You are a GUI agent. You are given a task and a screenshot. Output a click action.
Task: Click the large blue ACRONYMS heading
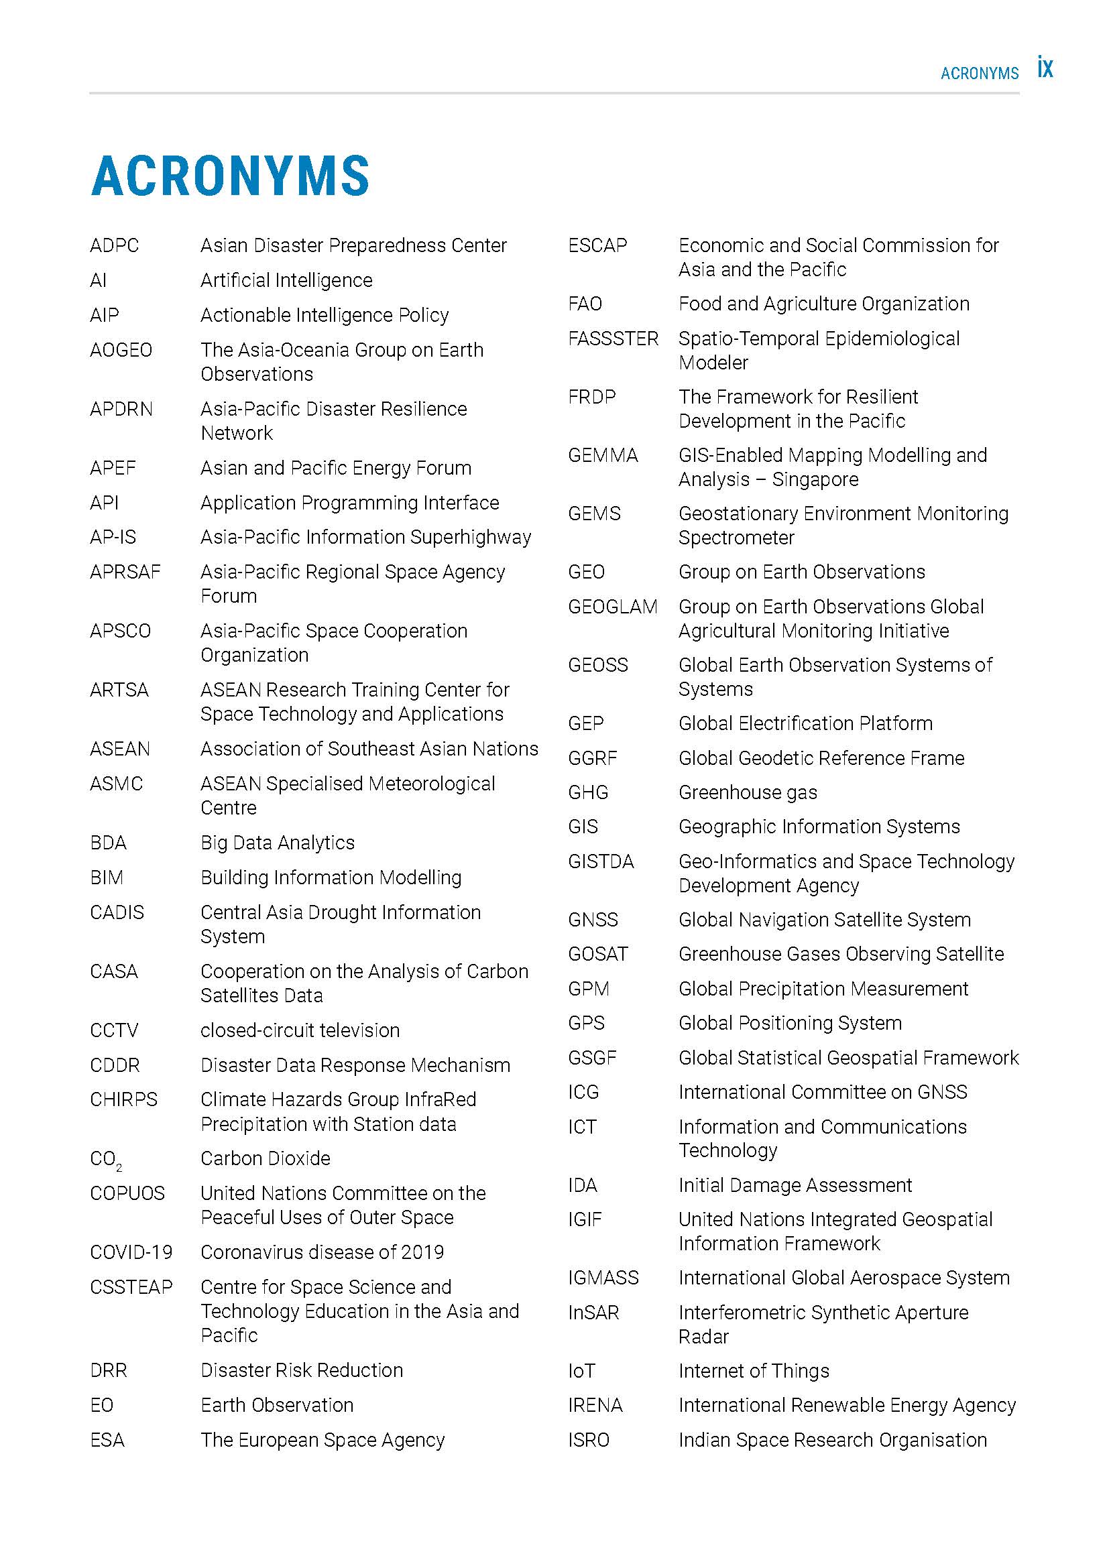click(230, 176)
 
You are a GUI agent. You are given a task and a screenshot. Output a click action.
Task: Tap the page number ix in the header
click(1045, 68)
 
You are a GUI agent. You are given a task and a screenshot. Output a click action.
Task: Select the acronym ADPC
click(114, 245)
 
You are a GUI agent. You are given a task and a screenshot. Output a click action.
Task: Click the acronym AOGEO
click(121, 350)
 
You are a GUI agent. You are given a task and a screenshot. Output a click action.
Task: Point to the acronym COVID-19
click(131, 1252)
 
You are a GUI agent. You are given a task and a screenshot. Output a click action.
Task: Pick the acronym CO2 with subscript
click(106, 1160)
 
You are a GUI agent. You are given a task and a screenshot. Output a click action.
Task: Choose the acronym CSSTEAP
click(131, 1286)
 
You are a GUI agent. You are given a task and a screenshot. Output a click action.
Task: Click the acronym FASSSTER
click(613, 339)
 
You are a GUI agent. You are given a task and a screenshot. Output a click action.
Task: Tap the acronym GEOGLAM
click(612, 607)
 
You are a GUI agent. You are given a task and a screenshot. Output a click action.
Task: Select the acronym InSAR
click(593, 1313)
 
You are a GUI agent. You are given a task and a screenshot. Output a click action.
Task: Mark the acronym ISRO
click(588, 1439)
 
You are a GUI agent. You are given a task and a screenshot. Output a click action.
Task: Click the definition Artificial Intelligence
click(286, 280)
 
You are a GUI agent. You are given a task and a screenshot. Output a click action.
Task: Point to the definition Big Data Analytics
click(278, 843)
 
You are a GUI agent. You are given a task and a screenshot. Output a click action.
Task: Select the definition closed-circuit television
click(300, 1030)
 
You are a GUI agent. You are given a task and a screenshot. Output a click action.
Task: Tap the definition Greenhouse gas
click(747, 792)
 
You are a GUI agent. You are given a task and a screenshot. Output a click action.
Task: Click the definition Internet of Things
click(753, 1371)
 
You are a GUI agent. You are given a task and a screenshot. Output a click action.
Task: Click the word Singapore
click(815, 479)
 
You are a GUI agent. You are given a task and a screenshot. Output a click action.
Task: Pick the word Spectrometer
click(736, 538)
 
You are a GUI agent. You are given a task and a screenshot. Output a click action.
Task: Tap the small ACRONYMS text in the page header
click(979, 73)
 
